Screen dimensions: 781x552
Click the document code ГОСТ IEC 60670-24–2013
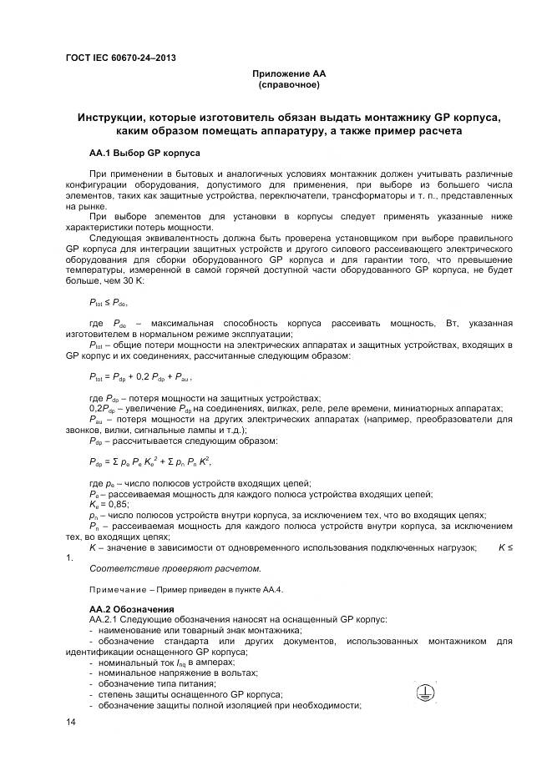click(x=120, y=58)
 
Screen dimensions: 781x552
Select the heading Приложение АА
click(x=288, y=74)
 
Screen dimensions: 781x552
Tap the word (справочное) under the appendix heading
click(x=288, y=85)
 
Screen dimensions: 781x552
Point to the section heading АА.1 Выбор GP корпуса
click(x=144, y=154)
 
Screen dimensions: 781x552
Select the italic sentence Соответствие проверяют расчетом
click(x=175, y=568)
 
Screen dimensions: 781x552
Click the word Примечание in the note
click(x=116, y=589)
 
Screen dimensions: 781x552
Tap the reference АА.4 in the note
click(x=271, y=589)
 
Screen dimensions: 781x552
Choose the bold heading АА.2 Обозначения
click(x=131, y=609)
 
